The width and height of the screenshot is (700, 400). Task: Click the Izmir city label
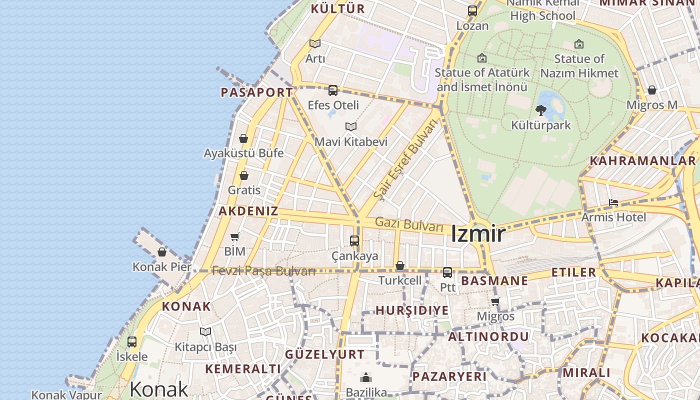477,234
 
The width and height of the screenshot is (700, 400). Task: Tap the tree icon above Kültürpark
540,110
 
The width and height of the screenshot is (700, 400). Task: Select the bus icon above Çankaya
354,241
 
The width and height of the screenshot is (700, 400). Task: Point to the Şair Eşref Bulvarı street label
405,159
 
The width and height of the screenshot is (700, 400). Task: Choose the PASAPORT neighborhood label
256,92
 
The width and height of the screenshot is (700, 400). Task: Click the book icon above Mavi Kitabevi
351,127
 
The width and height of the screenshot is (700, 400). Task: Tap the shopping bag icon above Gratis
244,175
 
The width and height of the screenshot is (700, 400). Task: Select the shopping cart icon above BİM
235,236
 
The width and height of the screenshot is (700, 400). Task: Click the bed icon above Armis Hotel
613,202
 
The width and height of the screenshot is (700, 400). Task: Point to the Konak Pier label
161,267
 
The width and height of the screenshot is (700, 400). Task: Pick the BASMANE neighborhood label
494,280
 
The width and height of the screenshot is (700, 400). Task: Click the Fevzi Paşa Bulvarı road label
263,271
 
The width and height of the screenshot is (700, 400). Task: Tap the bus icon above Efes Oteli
333,90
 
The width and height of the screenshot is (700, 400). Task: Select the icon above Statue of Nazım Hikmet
579,44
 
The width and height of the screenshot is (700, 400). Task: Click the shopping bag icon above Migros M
652,90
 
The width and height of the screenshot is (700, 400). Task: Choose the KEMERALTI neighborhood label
243,369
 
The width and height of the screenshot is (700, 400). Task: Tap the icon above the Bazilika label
366,377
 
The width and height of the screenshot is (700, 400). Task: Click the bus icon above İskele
132,342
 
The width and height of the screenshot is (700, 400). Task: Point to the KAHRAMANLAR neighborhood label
642,161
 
